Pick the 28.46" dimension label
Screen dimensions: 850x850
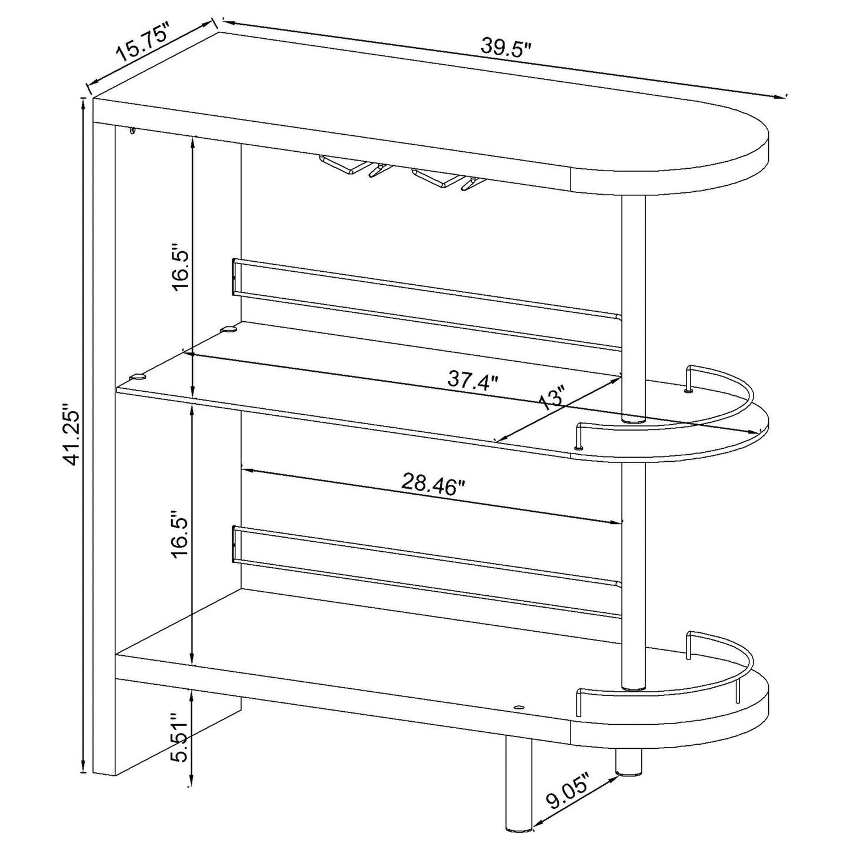(x=433, y=484)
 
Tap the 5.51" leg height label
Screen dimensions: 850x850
(x=178, y=738)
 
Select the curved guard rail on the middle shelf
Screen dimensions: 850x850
(x=724, y=412)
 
